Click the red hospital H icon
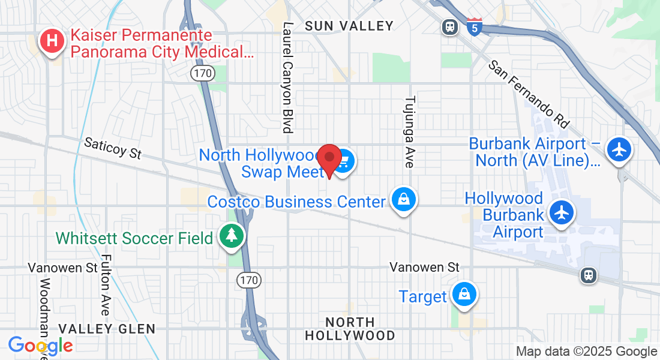52,41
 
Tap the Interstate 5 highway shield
474,26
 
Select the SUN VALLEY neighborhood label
349,26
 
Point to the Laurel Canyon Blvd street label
288,77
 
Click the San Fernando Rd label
529,94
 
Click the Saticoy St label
113,148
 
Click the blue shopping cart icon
345,161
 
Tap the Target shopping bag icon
464,294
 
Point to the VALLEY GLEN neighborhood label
107,329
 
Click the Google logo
40,346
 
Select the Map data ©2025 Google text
586,352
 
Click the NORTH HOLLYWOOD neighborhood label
350,329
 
